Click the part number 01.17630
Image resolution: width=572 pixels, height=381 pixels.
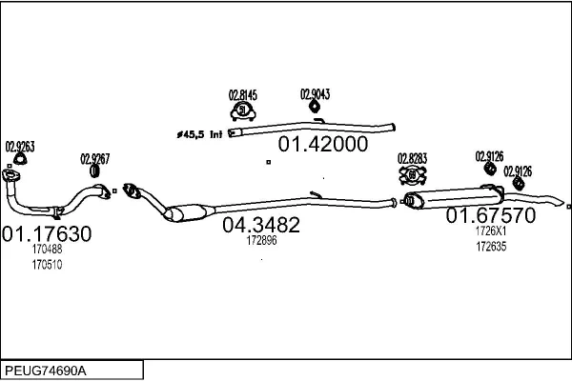[47, 233]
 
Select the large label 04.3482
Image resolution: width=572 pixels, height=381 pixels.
[261, 225]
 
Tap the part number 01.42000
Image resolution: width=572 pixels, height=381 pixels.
[323, 144]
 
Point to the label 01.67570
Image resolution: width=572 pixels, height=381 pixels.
[491, 215]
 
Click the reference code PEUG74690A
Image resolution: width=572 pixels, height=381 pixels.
[46, 371]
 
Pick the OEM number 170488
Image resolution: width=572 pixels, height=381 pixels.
[47, 249]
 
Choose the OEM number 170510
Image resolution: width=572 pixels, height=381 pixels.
[47, 265]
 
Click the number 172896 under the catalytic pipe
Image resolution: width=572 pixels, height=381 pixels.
[261, 240]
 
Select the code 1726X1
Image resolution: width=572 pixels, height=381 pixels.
[491, 231]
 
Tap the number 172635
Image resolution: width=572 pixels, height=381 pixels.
[491, 247]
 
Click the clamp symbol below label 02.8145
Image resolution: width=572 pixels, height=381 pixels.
[243, 111]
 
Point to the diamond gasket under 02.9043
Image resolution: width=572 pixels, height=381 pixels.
[315, 107]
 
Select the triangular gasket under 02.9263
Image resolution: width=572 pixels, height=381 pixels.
[19, 159]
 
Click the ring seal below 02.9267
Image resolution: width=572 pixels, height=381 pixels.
[94, 171]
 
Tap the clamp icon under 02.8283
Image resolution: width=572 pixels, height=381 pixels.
[413, 175]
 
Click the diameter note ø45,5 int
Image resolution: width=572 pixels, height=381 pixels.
[199, 134]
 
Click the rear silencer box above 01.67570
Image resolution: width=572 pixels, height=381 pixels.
[455, 198]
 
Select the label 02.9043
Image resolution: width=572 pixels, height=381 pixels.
[315, 94]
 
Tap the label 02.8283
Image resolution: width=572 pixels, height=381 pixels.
[412, 159]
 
